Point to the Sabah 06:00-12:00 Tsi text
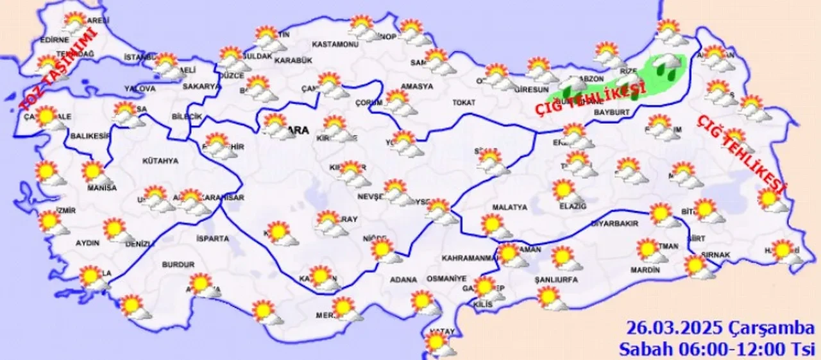click(x=716, y=349)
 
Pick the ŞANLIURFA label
click(x=556, y=280)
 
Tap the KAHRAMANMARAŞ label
click(x=470, y=258)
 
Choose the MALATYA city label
click(x=509, y=207)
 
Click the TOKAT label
click(x=463, y=103)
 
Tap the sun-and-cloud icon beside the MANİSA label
click(x=95, y=172)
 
